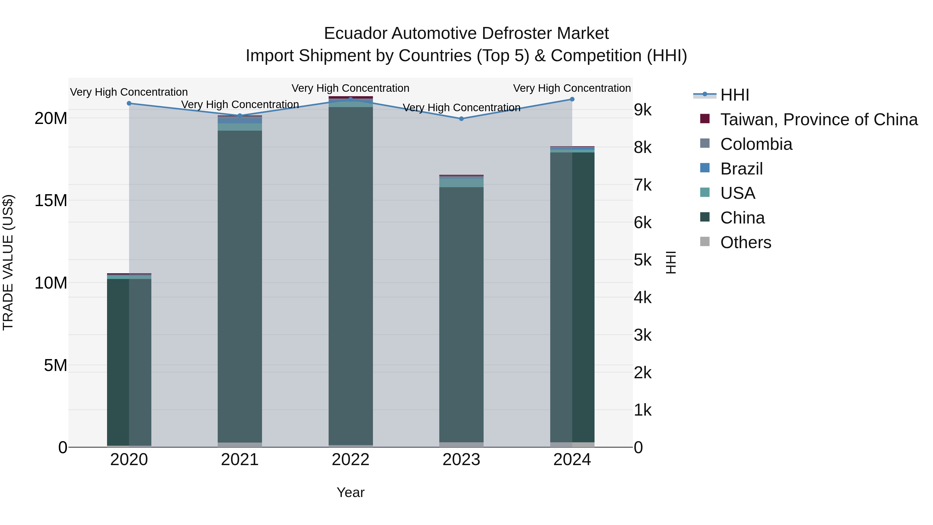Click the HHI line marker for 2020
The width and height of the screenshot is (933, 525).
tap(129, 103)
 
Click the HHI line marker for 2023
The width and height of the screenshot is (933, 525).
tap(461, 119)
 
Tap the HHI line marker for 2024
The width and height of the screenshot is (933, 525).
tap(572, 99)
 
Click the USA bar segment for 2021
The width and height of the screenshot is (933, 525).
tap(239, 127)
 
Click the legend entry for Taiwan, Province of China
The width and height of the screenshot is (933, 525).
tap(818, 120)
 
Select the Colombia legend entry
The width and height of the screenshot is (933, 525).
tap(756, 144)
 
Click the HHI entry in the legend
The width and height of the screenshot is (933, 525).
tap(734, 95)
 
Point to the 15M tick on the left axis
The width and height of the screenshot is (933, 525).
tap(51, 200)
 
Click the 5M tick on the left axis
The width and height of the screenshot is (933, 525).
tap(55, 365)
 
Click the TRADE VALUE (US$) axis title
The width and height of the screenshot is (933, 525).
tap(8, 262)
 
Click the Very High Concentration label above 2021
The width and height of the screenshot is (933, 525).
tap(240, 104)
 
